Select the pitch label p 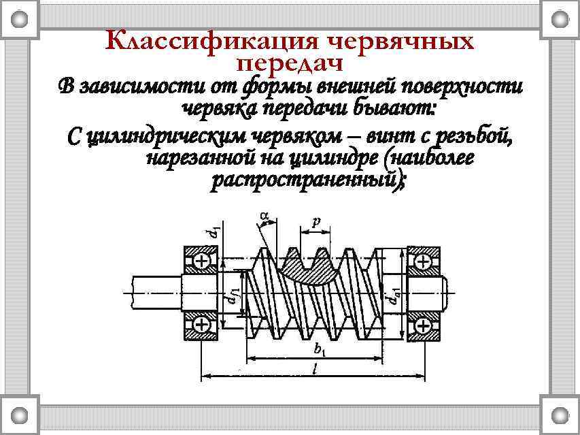pyautogui.click(x=315, y=221)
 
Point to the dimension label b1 pyautogui.click(x=320, y=351)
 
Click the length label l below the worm pyautogui.click(x=312, y=368)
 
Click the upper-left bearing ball pyautogui.click(x=202, y=261)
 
